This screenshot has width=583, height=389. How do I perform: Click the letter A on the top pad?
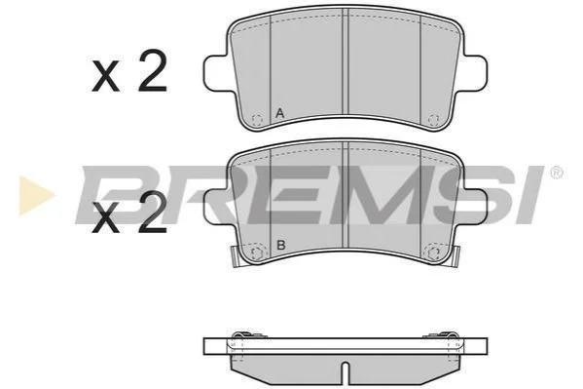click(x=280, y=113)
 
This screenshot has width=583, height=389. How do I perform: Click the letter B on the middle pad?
click(x=281, y=245)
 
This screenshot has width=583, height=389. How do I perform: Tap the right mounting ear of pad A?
click(x=474, y=72)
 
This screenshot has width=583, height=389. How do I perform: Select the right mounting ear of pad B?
click(x=474, y=207)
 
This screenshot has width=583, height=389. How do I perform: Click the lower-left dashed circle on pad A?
click(x=257, y=120)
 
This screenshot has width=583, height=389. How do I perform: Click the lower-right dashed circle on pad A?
click(x=433, y=120)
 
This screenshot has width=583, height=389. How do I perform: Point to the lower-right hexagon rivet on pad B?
click(x=433, y=253)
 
